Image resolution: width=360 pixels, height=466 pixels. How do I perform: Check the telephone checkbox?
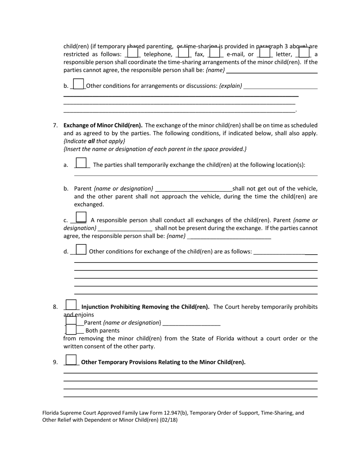[133, 52]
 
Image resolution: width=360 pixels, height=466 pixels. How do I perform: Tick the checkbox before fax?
[183, 52]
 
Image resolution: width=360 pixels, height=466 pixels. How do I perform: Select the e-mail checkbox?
[215, 52]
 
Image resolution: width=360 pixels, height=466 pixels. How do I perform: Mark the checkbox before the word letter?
[264, 52]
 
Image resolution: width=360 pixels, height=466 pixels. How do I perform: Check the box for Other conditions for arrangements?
[78, 84]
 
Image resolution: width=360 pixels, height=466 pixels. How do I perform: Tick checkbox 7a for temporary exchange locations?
[81, 163]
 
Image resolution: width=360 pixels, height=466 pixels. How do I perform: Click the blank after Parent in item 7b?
[194, 189]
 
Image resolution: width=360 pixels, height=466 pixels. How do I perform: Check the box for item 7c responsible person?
[81, 217]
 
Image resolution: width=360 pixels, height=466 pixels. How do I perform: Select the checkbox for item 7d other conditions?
[81, 250]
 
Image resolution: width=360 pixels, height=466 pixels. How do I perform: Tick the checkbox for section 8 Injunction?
[71, 305]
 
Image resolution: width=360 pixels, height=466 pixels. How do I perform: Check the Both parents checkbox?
[71, 330]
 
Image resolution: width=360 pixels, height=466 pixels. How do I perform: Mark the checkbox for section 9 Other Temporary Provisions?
[71, 360]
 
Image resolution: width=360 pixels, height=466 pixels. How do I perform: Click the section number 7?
[55, 125]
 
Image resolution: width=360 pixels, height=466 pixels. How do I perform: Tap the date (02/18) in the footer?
[169, 420]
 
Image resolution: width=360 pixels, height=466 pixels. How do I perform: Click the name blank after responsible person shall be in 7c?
[229, 236]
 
